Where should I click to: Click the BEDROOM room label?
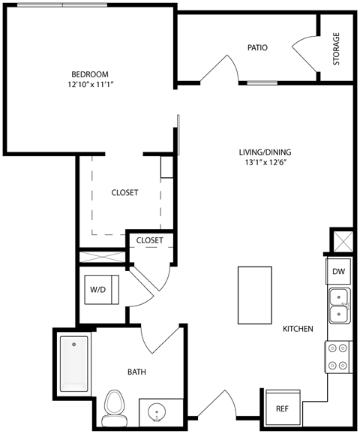pyautogui.click(x=90, y=74)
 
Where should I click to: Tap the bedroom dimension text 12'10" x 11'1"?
pyautogui.click(x=90, y=85)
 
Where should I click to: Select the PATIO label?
pyautogui.click(x=258, y=48)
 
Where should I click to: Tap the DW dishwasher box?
pyautogui.click(x=338, y=272)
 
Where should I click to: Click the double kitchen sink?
pyautogui.click(x=338, y=305)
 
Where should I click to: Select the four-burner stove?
pyautogui.click(x=338, y=356)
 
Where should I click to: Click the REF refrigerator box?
pyautogui.click(x=282, y=409)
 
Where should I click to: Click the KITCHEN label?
pyautogui.click(x=298, y=329)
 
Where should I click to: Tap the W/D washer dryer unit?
pyautogui.click(x=98, y=289)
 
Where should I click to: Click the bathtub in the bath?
pyautogui.click(x=74, y=366)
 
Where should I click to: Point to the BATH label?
pyautogui.click(x=136, y=372)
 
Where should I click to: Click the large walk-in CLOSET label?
pyautogui.click(x=124, y=193)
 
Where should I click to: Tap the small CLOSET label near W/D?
pyautogui.click(x=150, y=240)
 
